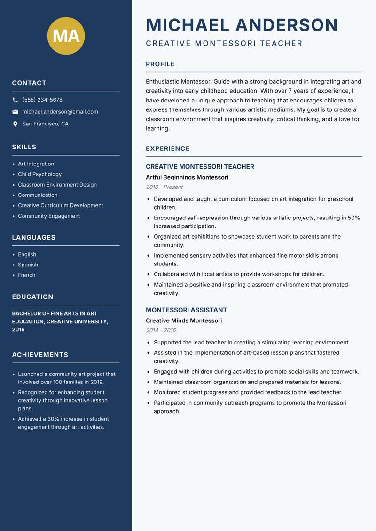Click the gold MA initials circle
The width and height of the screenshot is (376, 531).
(66, 36)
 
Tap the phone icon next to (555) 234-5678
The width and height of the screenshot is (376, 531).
(15, 100)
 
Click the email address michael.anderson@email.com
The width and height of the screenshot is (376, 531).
(60, 112)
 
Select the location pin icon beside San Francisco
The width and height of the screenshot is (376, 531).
(15, 124)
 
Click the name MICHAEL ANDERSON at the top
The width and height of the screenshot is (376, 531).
(242, 25)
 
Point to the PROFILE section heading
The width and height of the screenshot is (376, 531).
(160, 64)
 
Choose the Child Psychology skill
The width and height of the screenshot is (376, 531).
(40, 174)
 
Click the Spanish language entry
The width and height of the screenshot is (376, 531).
(28, 265)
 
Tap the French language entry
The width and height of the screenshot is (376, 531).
(27, 275)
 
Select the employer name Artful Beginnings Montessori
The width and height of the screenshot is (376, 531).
(187, 177)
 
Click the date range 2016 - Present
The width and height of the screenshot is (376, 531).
(164, 187)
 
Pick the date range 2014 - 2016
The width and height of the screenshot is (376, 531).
(161, 330)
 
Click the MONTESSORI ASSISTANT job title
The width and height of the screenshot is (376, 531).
(186, 310)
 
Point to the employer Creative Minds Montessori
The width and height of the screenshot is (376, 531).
(184, 320)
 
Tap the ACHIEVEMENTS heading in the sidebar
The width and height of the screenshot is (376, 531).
(40, 355)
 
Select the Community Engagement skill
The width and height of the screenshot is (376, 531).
(49, 216)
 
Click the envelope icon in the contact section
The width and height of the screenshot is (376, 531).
(15, 112)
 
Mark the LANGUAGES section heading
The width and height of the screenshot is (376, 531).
(34, 238)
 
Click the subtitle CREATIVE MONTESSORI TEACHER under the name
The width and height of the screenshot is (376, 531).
(224, 44)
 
